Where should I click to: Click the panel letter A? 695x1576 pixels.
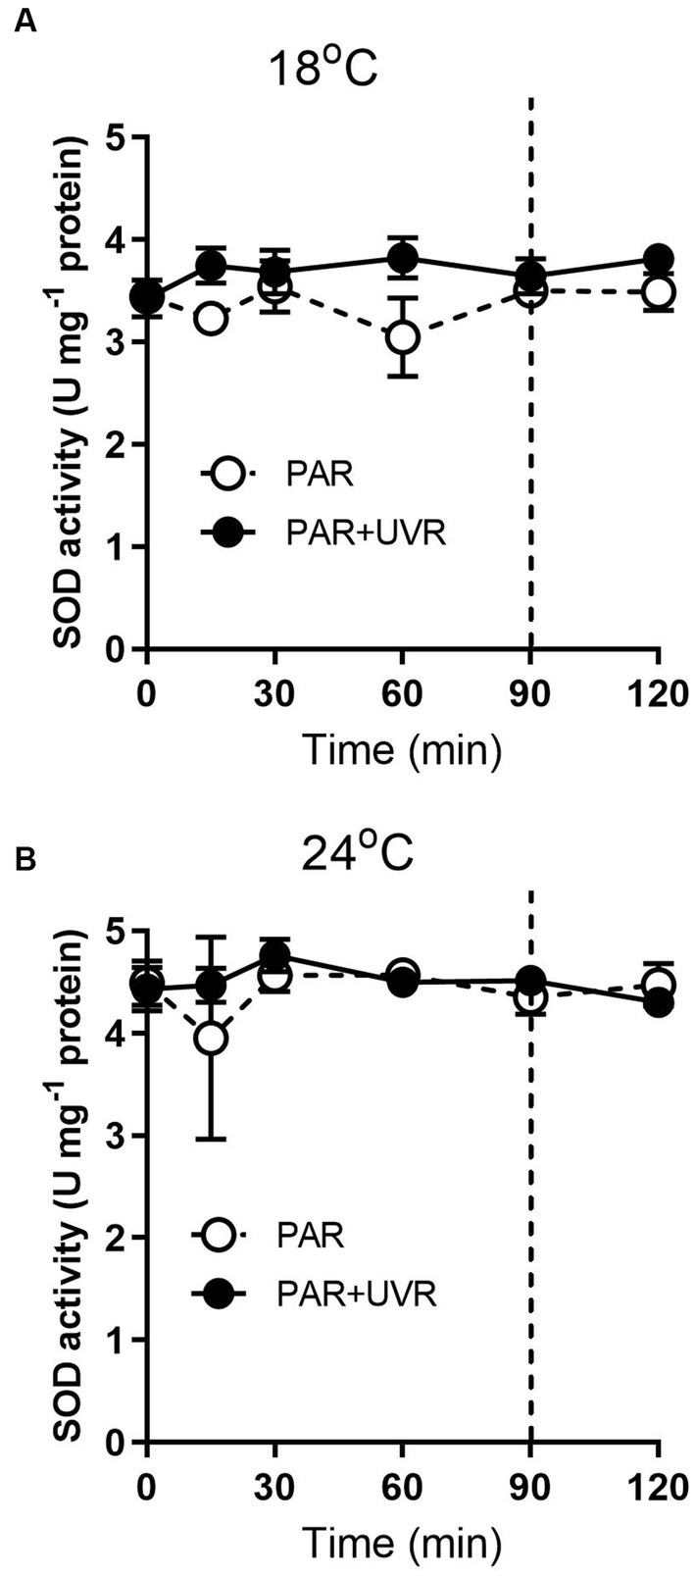tap(25, 24)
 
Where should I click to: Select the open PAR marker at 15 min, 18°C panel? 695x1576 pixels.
tap(211, 320)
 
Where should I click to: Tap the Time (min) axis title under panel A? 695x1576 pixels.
tap(402, 746)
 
